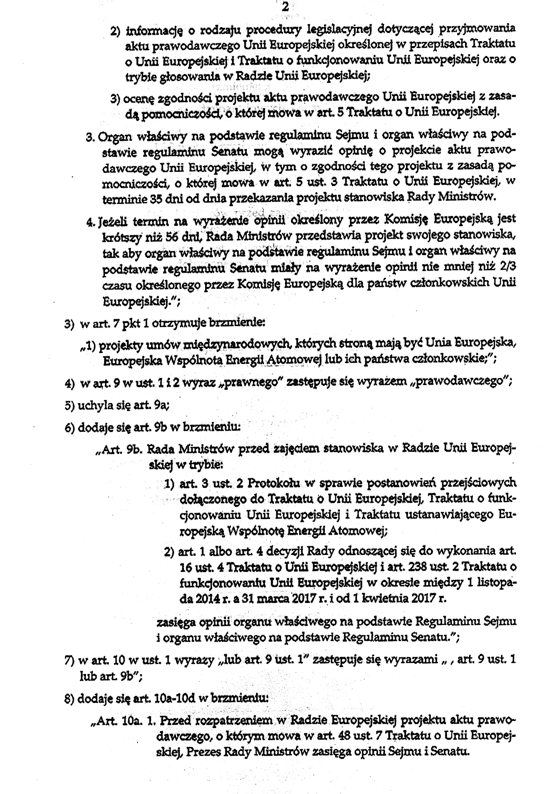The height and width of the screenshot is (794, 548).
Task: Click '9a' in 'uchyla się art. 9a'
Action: click(161, 406)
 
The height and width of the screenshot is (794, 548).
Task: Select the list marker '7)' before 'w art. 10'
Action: click(70, 661)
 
